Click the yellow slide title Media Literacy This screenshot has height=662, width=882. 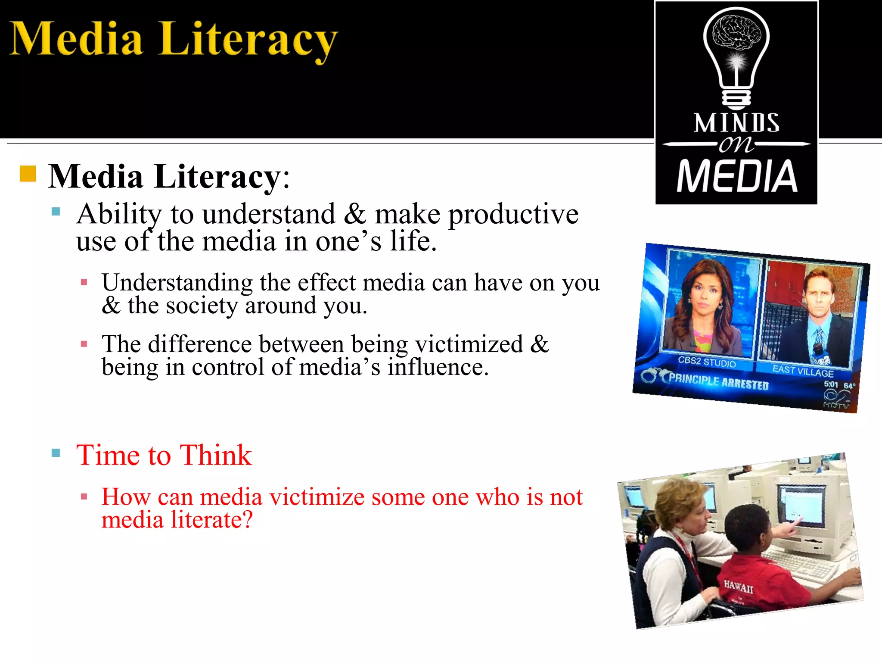[x=172, y=40]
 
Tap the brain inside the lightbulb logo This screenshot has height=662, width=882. [x=736, y=33]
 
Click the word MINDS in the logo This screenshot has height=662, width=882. [x=736, y=123]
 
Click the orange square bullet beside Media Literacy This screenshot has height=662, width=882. [x=28, y=174]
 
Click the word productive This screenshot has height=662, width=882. [x=513, y=214]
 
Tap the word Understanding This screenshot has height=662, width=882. [x=177, y=283]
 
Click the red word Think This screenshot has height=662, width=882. [x=215, y=455]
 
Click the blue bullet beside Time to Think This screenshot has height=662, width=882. [x=56, y=453]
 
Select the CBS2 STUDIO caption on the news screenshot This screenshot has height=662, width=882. [x=707, y=362]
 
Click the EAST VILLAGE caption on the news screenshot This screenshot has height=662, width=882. [x=803, y=370]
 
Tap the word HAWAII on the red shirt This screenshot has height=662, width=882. [x=738, y=587]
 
